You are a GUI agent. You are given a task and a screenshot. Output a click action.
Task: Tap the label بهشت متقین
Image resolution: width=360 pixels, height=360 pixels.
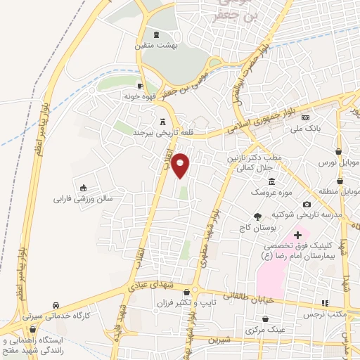coord(156,45)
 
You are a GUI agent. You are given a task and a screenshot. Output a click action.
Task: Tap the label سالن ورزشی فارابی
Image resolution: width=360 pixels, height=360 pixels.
coord(84,199)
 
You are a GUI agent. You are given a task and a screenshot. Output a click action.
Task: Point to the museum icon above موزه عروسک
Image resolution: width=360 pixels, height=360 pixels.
coord(271,182)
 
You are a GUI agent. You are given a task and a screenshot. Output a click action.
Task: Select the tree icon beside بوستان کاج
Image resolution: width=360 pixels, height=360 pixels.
coord(257,217)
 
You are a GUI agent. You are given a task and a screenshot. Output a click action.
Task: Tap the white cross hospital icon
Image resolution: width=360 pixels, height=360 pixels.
coord(297,234)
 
